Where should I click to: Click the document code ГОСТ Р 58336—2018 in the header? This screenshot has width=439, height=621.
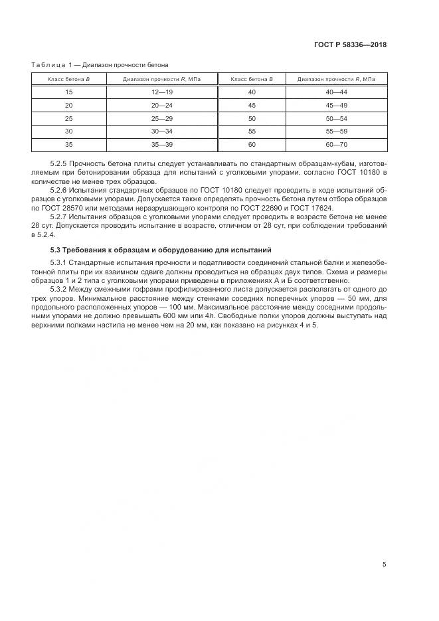coord(350,45)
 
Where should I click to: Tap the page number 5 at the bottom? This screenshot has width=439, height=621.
coord(384,565)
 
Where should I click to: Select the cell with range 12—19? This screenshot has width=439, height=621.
coord(161,92)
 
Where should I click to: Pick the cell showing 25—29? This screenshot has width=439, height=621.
coord(161,118)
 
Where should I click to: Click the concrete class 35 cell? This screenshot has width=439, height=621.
coord(68,144)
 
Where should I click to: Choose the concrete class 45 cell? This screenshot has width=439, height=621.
coord(252,106)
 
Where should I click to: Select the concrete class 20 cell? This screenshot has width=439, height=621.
coord(68,106)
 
